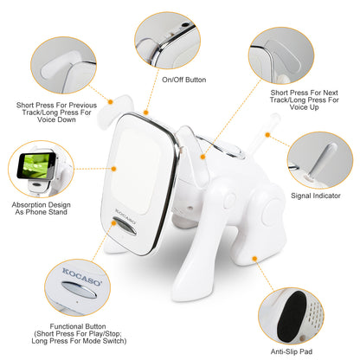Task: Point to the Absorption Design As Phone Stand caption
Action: click(x=39, y=213)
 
